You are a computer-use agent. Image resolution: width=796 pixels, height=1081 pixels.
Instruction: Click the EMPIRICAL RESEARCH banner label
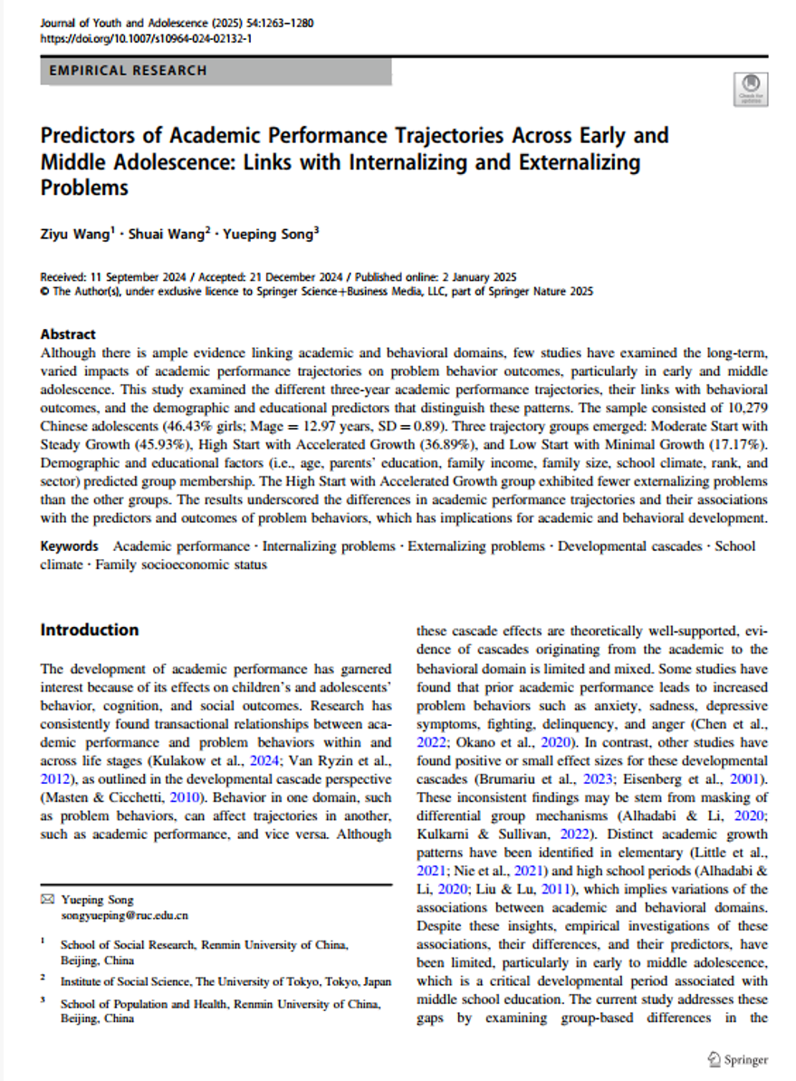(x=128, y=71)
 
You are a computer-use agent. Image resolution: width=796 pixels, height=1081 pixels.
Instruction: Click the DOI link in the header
(x=146, y=40)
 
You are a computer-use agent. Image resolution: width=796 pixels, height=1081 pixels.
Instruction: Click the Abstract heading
(x=68, y=334)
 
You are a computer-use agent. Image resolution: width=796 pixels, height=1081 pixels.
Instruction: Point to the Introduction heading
(x=89, y=631)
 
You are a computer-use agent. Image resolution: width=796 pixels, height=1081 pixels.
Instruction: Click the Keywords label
(x=69, y=546)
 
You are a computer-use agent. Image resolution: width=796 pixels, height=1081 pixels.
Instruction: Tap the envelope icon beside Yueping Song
(x=48, y=900)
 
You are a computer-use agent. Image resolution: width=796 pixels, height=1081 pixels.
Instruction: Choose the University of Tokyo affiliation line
(x=225, y=980)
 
